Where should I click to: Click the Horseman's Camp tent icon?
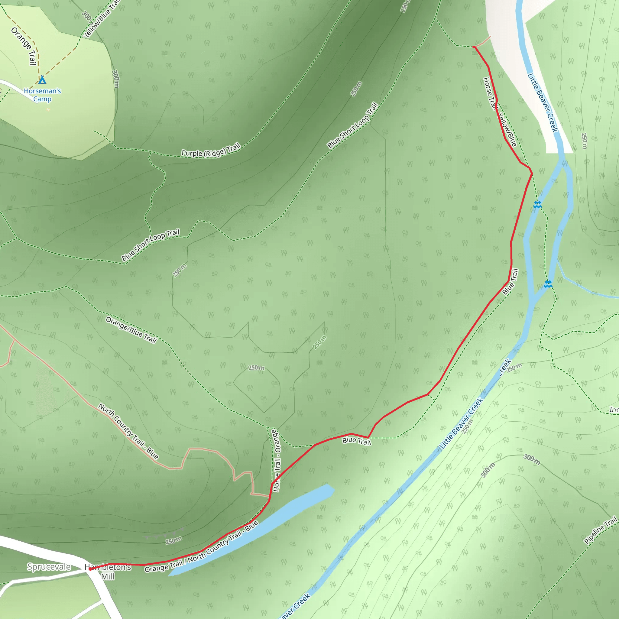pos(42,79)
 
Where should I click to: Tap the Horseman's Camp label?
pos(42,95)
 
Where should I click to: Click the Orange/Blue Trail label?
pos(131,330)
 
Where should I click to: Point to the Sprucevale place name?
pos(49,566)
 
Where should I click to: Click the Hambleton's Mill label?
pos(108,572)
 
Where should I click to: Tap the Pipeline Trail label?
pos(600,530)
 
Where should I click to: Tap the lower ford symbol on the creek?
pos(548,284)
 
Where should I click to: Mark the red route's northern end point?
pos(474,47)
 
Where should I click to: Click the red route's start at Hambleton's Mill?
pos(90,569)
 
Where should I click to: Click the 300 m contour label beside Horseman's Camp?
pos(116,79)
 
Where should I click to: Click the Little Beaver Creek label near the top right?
pos(543,102)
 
